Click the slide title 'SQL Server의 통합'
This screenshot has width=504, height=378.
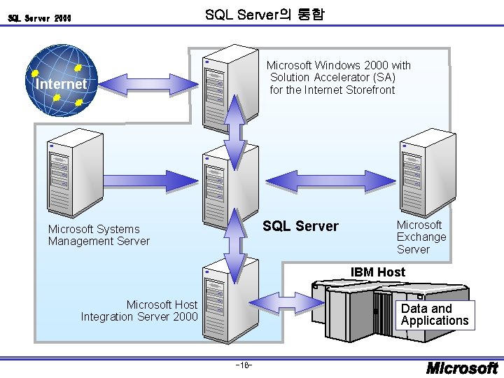tap(265, 14)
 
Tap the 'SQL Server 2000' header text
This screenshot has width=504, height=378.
tap(39, 18)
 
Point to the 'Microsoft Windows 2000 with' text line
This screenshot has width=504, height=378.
tap(339, 66)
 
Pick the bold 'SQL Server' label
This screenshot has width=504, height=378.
tap(300, 226)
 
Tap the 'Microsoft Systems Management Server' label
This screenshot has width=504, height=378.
tap(99, 235)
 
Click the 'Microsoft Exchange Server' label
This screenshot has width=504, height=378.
tap(421, 237)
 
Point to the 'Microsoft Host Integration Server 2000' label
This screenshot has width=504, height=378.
tap(139, 310)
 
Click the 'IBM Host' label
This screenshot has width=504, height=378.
tap(377, 272)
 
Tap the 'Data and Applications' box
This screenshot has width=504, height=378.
tap(435, 315)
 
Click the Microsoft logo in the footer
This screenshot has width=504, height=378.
tap(462, 367)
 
